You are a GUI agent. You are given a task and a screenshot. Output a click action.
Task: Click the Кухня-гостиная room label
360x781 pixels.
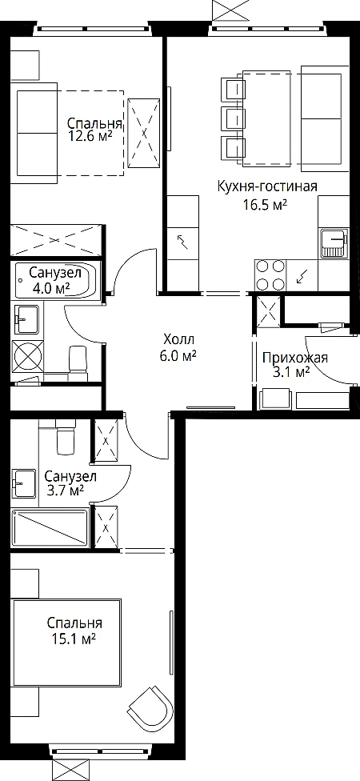point(267,186)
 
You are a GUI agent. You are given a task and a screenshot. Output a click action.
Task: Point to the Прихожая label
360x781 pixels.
point(294,358)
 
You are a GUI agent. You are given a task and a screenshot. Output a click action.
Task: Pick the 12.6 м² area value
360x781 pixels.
point(90,136)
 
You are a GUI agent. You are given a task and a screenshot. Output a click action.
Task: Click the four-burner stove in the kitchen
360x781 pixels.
point(270,274)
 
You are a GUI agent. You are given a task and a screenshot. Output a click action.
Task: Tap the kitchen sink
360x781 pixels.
point(334,243)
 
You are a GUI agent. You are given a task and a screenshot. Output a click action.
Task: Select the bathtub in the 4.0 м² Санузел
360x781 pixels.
point(56,280)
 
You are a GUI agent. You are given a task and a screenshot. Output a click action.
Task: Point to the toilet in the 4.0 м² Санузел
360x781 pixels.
point(78,358)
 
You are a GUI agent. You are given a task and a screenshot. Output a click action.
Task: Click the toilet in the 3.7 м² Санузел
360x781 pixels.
point(66,435)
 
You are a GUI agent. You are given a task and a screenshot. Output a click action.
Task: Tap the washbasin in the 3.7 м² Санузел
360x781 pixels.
point(24,483)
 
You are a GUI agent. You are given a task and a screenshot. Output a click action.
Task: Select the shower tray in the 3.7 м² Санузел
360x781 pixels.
point(50,528)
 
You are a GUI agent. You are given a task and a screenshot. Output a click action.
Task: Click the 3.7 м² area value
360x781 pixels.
point(64,491)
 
